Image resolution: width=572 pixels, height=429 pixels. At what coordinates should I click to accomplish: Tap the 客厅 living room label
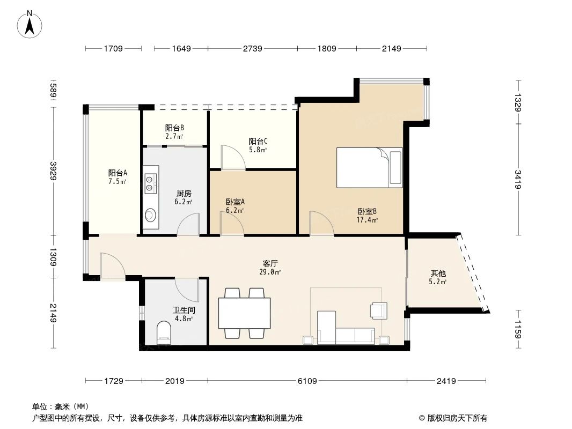tap(270, 263)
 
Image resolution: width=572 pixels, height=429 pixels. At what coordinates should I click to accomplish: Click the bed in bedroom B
tap(369, 167)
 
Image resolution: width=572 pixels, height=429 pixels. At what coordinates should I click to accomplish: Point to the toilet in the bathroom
tap(164, 333)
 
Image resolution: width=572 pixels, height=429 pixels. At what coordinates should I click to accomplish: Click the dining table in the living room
tap(244, 313)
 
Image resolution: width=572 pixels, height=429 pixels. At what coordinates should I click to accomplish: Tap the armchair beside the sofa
tap(378, 310)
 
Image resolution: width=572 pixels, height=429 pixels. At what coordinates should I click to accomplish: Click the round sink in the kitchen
tap(150, 215)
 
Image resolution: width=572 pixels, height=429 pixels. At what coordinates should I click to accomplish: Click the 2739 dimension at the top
tap(252, 49)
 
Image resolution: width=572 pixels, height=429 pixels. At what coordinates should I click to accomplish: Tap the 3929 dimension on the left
tap(53, 171)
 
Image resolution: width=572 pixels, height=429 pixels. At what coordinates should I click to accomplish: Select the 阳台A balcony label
tap(118, 173)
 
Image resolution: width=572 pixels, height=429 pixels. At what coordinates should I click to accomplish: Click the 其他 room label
tap(437, 272)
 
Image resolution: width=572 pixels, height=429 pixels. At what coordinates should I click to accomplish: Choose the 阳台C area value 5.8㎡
tap(258, 150)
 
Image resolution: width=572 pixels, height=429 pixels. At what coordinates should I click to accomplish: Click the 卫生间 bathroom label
tap(183, 310)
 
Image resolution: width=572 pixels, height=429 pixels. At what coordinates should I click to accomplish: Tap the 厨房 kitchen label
tap(184, 193)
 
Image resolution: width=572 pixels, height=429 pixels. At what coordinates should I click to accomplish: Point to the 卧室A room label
tap(235, 202)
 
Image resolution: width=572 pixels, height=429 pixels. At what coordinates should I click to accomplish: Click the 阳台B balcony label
tap(174, 128)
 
